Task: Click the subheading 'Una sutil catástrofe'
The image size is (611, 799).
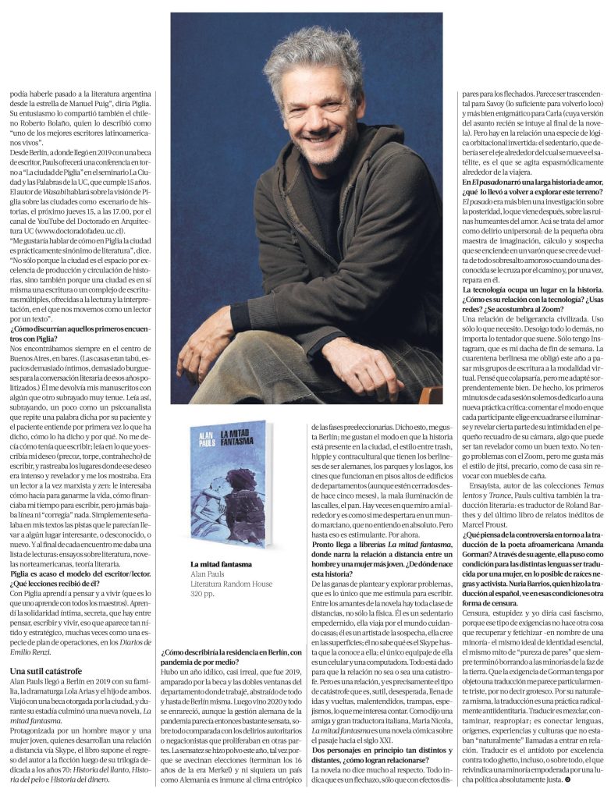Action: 47,670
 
